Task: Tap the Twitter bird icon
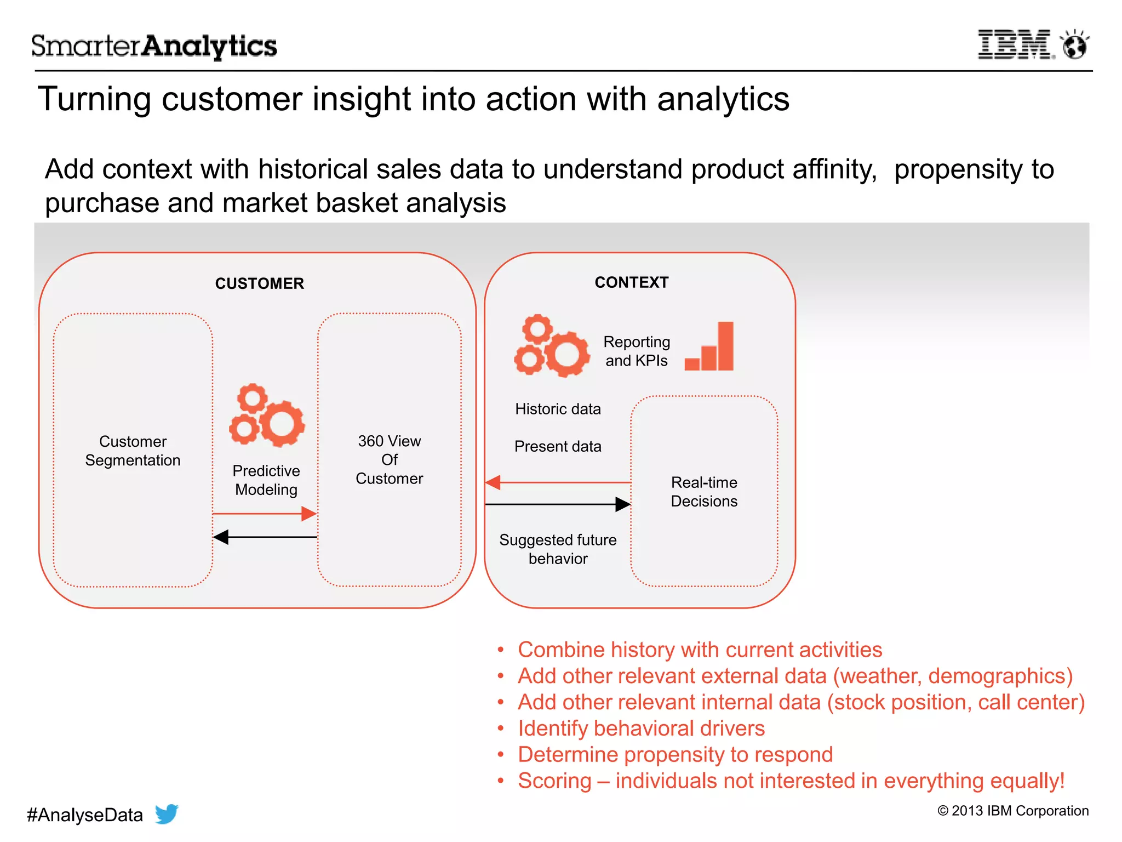click(x=167, y=813)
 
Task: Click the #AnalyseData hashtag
click(x=85, y=815)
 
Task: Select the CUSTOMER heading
click(x=259, y=283)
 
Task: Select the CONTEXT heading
click(x=631, y=282)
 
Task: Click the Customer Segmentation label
click(x=133, y=451)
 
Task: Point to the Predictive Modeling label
click(x=266, y=480)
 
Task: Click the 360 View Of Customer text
click(x=389, y=459)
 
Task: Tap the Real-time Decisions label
click(x=704, y=492)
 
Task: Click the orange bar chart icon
click(x=710, y=348)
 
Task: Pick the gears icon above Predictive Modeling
click(x=267, y=415)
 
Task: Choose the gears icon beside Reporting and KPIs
click(x=551, y=346)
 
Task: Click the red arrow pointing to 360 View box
click(x=265, y=514)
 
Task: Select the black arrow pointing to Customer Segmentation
click(x=265, y=537)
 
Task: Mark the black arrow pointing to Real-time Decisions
click(x=558, y=504)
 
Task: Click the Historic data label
click(x=558, y=409)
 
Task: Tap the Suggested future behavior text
click(x=558, y=549)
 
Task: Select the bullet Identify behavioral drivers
click(x=641, y=729)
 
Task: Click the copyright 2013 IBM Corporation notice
click(x=1013, y=811)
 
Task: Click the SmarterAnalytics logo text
click(x=154, y=46)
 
